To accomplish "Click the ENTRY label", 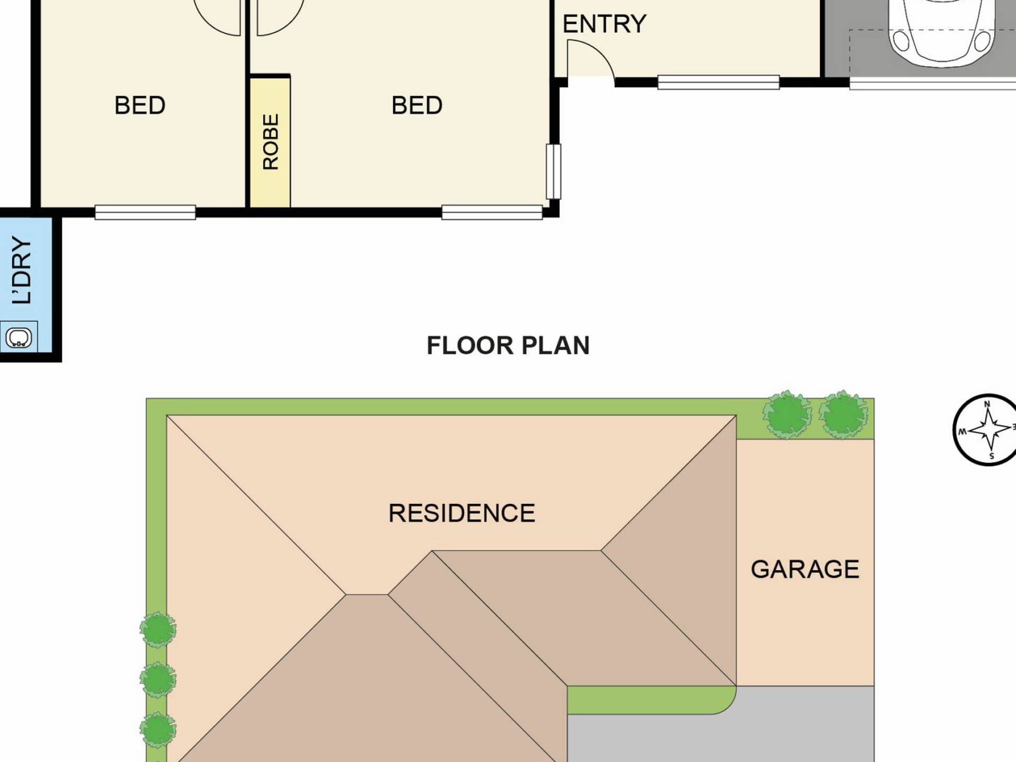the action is coord(604,24).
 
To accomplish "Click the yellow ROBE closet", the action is coord(270,142).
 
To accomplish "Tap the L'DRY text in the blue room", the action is coord(22,270).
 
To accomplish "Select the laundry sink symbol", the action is coord(19,337).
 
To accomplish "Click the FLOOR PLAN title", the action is coord(508,346).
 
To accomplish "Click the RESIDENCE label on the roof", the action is coord(461,513).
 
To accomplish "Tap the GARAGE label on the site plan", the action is coord(805,569).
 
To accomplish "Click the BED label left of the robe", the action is coord(140,105).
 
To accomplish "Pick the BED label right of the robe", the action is coord(417,105).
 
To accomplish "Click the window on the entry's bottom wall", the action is coord(718,82).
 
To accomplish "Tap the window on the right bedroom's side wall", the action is coord(554,171).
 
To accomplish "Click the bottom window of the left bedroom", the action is coord(145,212).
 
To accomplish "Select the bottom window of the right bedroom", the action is coord(492,212).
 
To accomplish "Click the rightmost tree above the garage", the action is coord(843,414).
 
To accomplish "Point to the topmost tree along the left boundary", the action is coord(158,630).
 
